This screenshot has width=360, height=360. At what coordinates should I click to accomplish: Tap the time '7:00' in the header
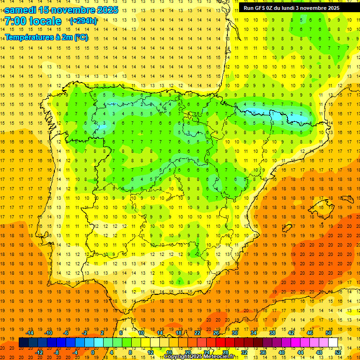tap(15, 21)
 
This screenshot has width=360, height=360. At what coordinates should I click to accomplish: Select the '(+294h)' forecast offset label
tap(83, 21)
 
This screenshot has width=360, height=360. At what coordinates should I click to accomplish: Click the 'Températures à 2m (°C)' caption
tap(46, 37)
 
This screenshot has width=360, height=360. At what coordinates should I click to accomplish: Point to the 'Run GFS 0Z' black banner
tap(292, 8)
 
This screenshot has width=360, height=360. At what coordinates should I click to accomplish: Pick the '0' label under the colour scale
tap(93, 352)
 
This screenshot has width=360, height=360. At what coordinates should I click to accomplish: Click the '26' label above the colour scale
tap(216, 333)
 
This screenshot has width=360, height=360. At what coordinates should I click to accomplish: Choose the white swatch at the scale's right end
tap(333, 343)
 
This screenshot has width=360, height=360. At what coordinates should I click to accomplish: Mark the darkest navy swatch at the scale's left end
tap(23, 343)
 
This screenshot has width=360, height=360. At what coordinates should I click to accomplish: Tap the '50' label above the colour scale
tap(329, 333)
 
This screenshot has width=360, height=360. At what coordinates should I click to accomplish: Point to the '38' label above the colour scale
tap(272, 333)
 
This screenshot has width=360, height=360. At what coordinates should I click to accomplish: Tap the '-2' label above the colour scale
tap(85, 333)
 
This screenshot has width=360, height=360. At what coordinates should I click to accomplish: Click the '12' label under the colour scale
tap(150, 352)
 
